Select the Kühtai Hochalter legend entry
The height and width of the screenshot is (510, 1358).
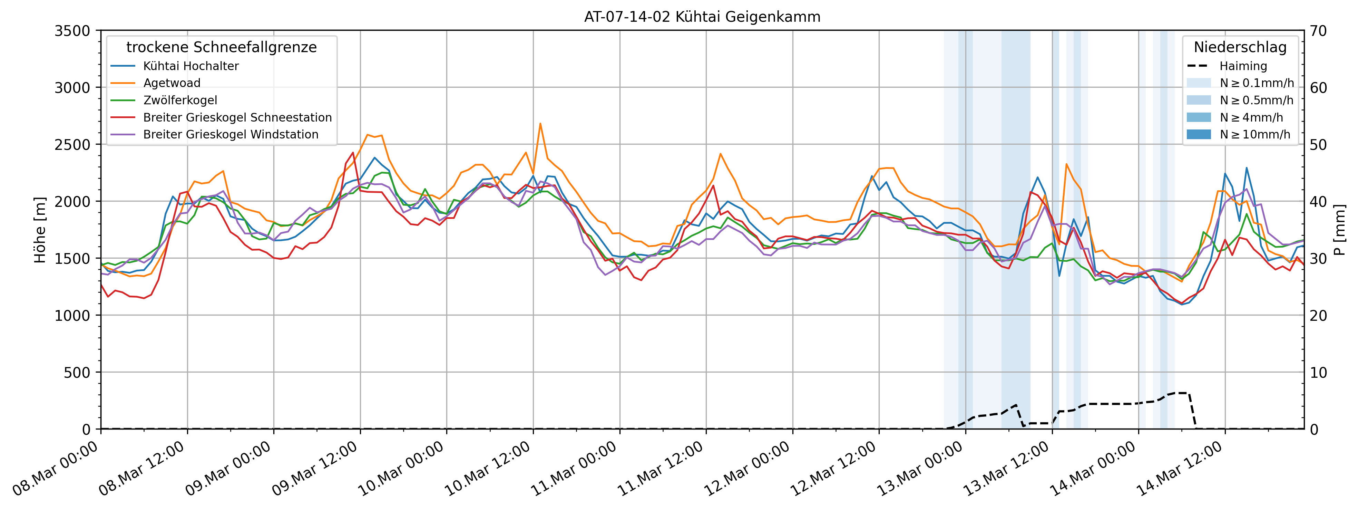coord(191,66)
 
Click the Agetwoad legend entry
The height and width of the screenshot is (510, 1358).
coord(172,83)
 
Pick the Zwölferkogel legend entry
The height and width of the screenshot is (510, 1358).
coord(180,100)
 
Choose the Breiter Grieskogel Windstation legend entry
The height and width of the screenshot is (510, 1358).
coord(231,134)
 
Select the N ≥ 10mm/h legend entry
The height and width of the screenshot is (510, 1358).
coord(1255,134)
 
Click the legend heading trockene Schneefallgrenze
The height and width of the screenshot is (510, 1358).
coord(222,47)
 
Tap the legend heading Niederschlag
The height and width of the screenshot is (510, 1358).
coord(1240,47)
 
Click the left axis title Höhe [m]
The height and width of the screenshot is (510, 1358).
coord(40,230)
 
